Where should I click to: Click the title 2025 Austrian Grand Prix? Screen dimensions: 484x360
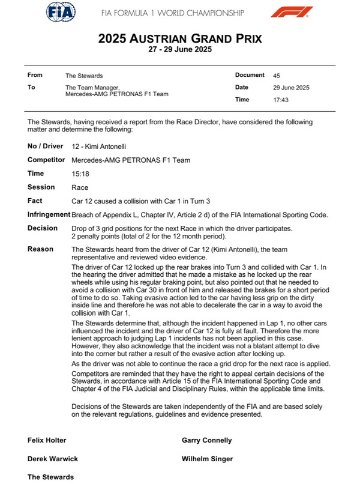tap(180, 40)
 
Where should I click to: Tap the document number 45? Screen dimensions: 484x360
tap(277, 76)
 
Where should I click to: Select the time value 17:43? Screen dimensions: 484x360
tap(281, 100)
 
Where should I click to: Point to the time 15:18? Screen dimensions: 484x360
tap(79, 174)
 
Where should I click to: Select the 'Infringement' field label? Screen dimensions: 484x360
tap(49, 214)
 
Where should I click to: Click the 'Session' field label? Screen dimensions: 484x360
tap(41, 187)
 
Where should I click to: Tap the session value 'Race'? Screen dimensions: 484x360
tap(79, 187)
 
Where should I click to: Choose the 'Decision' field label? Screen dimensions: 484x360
tap(43, 228)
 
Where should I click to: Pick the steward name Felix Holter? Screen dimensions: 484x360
tap(46, 440)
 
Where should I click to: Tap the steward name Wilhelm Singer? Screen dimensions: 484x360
tap(208, 459)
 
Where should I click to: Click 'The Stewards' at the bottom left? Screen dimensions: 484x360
tap(50, 477)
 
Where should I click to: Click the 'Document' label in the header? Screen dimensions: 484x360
tap(250, 75)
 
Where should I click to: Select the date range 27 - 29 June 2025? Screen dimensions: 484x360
tap(180, 50)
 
